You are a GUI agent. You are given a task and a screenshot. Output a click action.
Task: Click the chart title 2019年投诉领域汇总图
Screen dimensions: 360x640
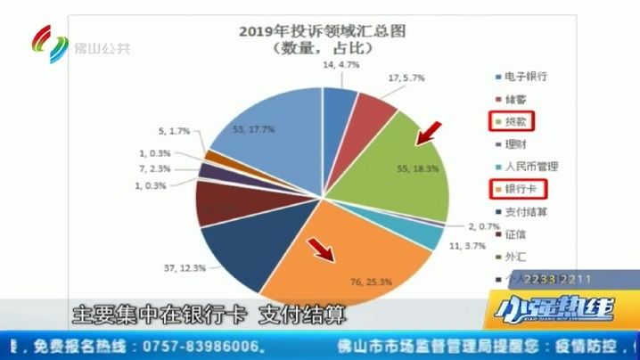322,31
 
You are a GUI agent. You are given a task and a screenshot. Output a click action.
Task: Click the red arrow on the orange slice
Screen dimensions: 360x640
320,250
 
